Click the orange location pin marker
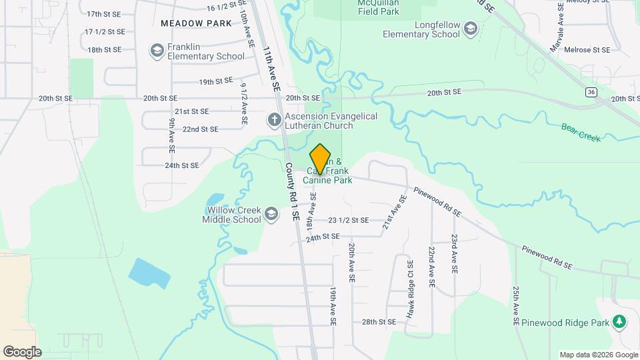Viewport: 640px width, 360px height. click(x=321, y=159)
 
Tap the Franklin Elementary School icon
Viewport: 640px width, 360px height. click(x=157, y=51)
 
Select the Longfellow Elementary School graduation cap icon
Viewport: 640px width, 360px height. click(x=471, y=28)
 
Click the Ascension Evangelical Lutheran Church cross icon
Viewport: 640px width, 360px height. click(x=273, y=121)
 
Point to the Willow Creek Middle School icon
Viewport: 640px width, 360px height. click(x=271, y=213)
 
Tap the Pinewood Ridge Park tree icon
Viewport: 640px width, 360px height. click(x=620, y=322)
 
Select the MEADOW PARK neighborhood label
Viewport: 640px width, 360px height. click(x=196, y=23)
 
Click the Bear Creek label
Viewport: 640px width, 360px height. click(x=581, y=132)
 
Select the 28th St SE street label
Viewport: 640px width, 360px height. click(x=379, y=322)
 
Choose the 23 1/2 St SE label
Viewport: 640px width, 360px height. click(x=348, y=220)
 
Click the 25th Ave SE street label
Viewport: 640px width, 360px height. click(x=517, y=302)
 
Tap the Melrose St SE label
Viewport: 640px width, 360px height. click(x=587, y=50)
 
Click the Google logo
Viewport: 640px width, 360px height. click(x=22, y=351)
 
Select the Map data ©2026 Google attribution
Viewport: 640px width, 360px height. click(x=598, y=355)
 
